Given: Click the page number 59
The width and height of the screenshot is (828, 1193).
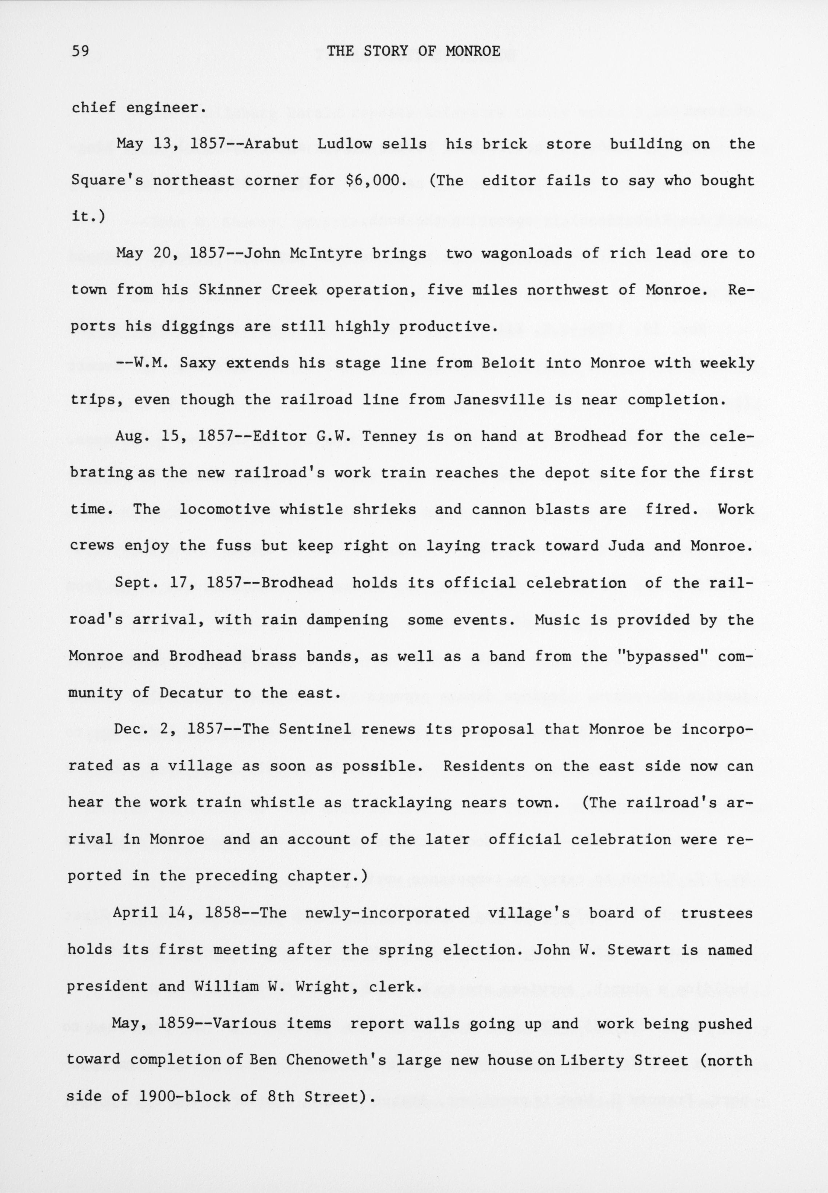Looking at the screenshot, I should click(x=81, y=51).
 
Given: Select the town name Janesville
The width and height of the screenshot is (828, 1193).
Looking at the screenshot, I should click(x=499, y=399).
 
